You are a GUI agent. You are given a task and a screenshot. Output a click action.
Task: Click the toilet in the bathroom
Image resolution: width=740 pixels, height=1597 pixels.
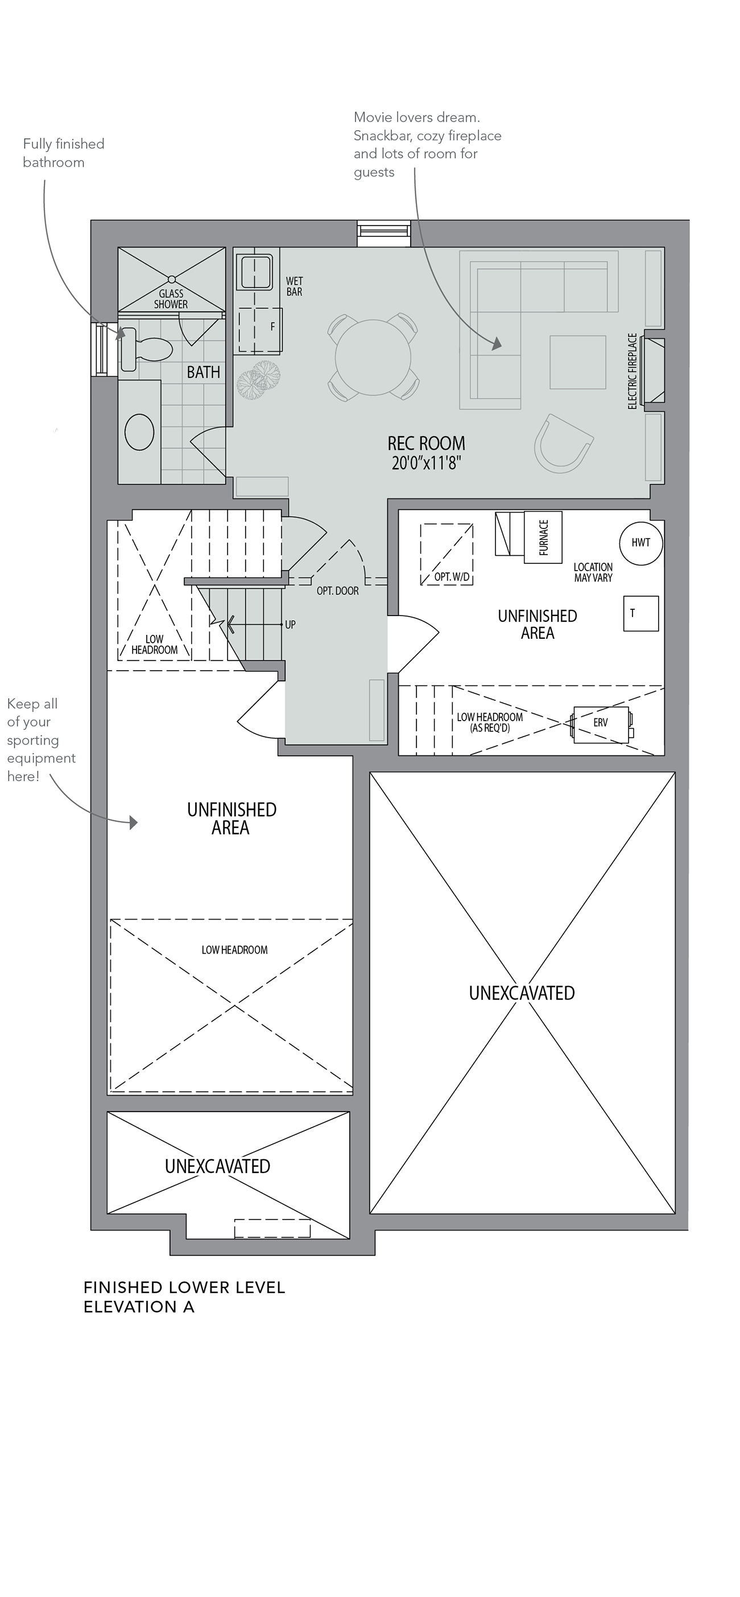(146, 350)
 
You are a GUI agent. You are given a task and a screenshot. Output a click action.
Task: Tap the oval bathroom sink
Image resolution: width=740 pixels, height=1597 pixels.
(139, 431)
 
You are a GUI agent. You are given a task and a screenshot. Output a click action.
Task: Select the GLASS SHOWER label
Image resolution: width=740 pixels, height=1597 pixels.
(171, 299)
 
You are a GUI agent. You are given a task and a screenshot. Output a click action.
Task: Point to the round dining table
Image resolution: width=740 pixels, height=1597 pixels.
(373, 357)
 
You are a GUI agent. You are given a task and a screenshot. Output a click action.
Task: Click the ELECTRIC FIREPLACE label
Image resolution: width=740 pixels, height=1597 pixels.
(632, 371)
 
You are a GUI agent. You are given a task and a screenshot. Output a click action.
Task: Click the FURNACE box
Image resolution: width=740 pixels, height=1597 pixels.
(543, 537)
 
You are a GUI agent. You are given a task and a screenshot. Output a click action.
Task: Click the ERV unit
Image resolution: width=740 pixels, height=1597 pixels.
(601, 724)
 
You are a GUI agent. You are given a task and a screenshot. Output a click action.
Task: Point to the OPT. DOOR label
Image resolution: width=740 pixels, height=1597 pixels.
(337, 591)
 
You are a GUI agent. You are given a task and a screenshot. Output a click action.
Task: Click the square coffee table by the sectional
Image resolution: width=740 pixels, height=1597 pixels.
(577, 362)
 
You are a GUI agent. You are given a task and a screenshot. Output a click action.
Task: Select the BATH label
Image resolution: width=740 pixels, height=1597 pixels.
(204, 372)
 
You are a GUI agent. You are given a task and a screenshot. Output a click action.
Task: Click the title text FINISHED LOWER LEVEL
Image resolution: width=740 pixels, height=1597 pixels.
(184, 1288)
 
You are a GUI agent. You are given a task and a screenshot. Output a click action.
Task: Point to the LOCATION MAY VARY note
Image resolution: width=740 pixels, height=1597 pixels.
(593, 572)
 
